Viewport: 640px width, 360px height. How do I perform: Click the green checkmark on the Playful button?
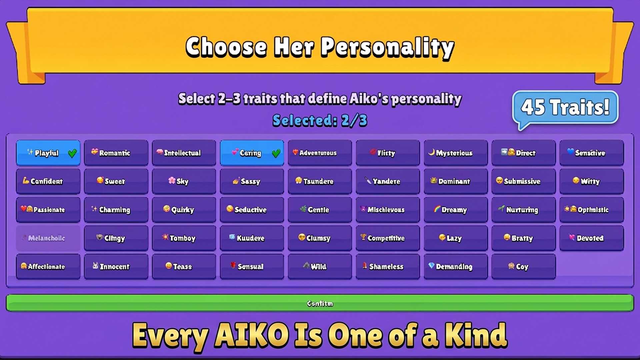72,153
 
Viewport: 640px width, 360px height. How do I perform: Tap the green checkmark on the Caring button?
276,153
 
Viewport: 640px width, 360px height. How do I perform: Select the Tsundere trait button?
320,181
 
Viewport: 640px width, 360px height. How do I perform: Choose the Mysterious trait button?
455,153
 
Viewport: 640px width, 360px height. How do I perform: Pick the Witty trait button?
591,181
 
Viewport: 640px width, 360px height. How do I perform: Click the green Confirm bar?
320,303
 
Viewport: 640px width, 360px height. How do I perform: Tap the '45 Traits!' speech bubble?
565,107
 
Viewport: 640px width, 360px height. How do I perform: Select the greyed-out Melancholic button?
48,238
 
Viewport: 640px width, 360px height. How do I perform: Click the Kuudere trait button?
252,238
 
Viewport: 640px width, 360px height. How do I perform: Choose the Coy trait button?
523,267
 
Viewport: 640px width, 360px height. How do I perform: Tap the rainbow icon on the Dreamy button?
437,209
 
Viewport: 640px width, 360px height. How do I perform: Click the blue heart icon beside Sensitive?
570,152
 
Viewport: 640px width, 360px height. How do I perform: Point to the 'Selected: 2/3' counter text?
320,121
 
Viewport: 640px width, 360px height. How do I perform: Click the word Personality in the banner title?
387,47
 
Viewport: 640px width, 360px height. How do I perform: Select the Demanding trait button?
455,267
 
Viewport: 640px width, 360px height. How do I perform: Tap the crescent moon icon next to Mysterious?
431,152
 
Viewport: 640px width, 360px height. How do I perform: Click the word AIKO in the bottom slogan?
252,335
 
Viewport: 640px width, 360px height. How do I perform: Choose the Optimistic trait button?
591,210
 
